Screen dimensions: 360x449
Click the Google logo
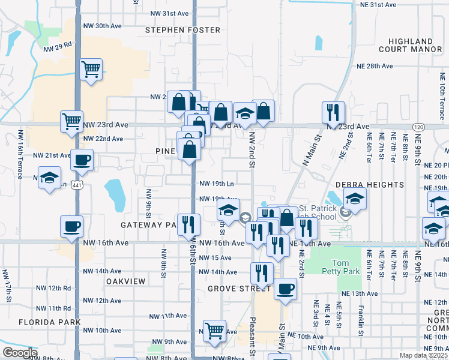click(x=20, y=352)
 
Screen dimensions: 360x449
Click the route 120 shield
click(x=418, y=127)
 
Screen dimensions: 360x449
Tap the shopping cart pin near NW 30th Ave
click(x=91, y=70)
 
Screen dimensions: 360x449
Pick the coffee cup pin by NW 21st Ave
click(x=82, y=160)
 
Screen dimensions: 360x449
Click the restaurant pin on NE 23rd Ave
click(x=333, y=112)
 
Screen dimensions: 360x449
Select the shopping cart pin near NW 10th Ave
click(x=214, y=330)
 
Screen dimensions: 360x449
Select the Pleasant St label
click(x=253, y=337)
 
